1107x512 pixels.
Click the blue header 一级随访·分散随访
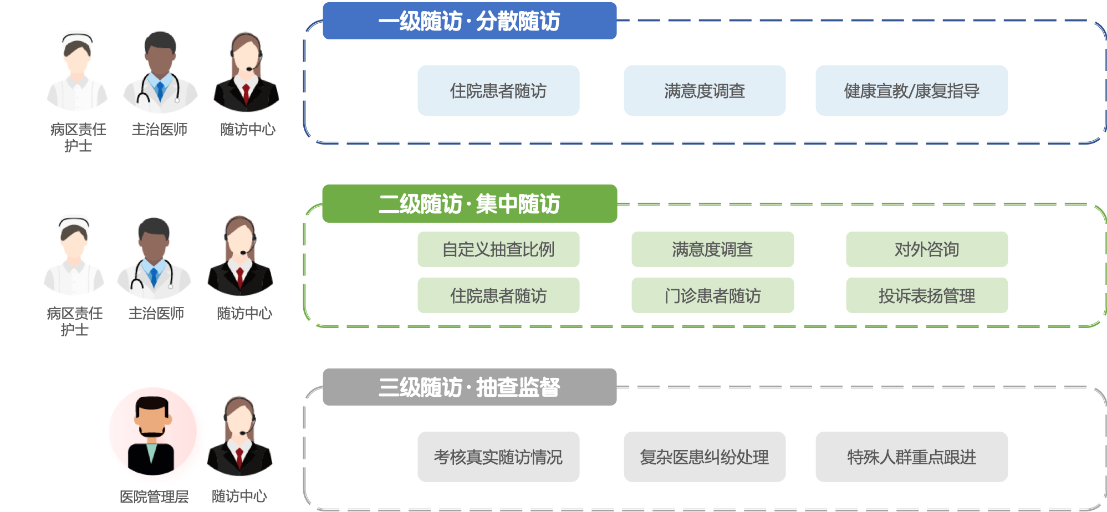[x=469, y=21]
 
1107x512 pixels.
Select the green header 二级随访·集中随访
[x=469, y=204]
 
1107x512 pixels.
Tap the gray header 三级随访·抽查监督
[x=469, y=387]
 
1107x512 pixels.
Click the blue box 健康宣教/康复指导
[x=911, y=90]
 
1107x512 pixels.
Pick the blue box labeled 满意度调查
[x=704, y=90]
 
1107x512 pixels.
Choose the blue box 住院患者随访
[x=498, y=90]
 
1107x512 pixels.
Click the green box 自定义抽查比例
[x=498, y=249]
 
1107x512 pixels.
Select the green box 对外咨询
[x=926, y=249]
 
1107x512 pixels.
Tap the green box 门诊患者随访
[x=712, y=295]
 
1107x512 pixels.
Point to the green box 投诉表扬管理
[x=926, y=295]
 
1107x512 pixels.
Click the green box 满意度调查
[x=712, y=249]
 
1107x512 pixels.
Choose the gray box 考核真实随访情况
[x=498, y=457]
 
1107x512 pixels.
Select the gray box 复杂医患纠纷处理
[x=704, y=457]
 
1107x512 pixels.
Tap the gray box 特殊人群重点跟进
[x=911, y=457]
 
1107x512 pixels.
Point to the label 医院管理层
[x=154, y=496]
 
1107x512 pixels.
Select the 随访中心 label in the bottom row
[x=239, y=496]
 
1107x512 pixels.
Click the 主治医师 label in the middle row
[x=156, y=314]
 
